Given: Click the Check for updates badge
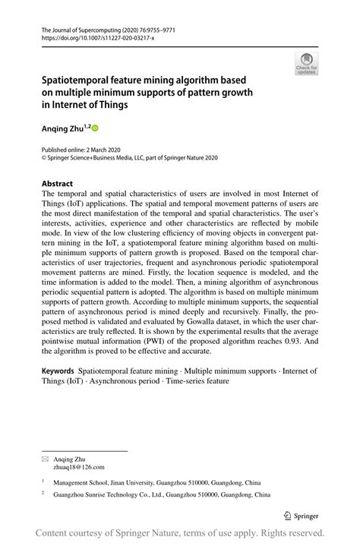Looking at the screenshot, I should click(x=307, y=63).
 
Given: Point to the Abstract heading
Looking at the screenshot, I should click(x=57, y=184).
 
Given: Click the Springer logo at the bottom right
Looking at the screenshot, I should click(x=301, y=514).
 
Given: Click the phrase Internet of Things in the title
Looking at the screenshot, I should click(x=88, y=105).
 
